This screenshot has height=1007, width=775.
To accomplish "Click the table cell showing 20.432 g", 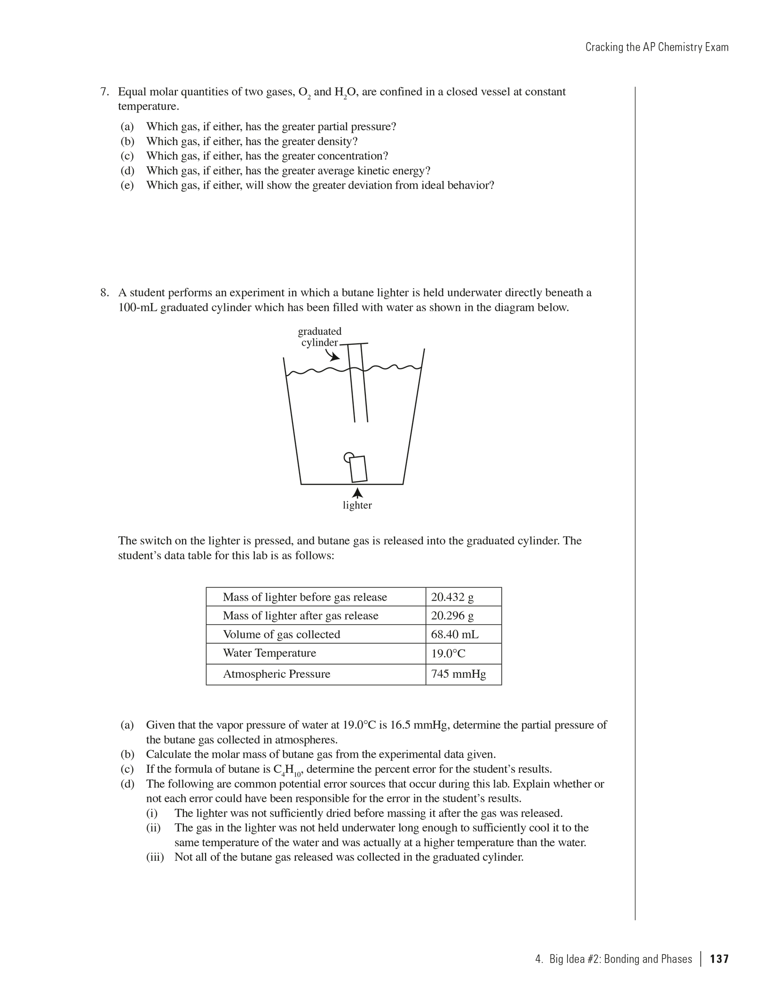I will (452, 597).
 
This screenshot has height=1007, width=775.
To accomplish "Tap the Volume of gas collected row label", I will (281, 634).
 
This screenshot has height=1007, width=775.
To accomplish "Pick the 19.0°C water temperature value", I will (448, 654).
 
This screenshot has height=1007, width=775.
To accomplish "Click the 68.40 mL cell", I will (454, 634).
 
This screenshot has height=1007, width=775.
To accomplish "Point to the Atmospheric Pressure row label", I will (276, 674).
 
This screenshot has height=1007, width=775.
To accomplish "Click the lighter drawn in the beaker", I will (358, 469).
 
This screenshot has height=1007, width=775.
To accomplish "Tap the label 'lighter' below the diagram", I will (357, 505).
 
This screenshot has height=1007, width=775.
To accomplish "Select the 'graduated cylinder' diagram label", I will (319, 337).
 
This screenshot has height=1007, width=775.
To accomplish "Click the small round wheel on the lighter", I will (348, 457).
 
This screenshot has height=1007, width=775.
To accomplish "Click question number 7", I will (105, 92).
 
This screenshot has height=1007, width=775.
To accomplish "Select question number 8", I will (105, 293).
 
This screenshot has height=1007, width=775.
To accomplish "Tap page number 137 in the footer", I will (719, 959).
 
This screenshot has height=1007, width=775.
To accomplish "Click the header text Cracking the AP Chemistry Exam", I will (657, 47).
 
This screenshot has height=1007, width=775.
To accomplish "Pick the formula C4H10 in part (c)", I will (287, 770).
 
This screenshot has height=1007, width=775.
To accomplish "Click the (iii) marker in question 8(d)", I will (155, 857).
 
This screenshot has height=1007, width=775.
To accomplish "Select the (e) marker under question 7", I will (127, 185).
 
